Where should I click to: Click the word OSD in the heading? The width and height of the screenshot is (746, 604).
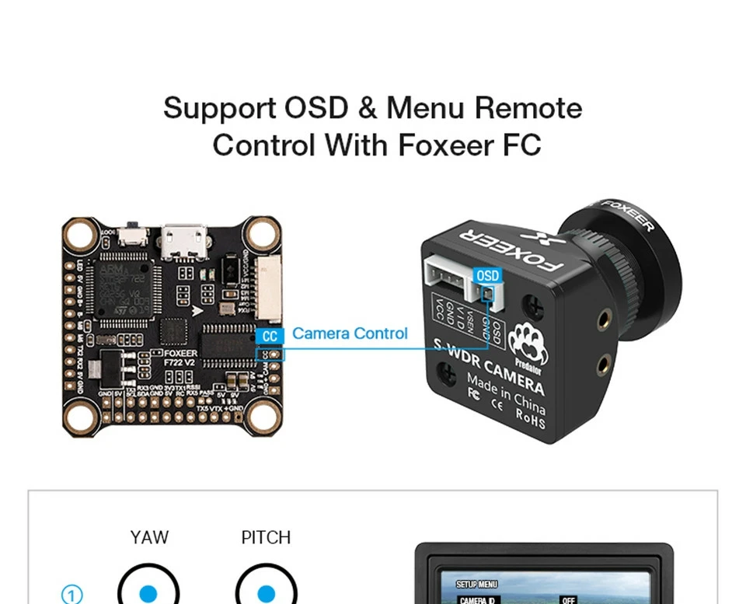pos(315,108)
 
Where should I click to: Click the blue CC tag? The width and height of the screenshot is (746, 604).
pos(270,336)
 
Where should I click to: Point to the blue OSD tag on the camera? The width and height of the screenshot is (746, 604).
pos(488,276)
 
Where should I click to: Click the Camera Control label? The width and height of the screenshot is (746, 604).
pos(350,333)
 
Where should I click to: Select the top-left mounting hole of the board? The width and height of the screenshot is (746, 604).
pos(80,233)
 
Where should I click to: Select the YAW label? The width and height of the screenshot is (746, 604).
pos(149,537)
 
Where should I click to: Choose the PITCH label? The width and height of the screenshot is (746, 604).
pos(266,537)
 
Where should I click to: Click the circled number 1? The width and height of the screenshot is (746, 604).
pos(71,595)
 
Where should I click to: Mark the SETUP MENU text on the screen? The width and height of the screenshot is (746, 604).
pos(476,584)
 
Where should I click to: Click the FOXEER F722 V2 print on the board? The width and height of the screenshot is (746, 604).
pos(180,357)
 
